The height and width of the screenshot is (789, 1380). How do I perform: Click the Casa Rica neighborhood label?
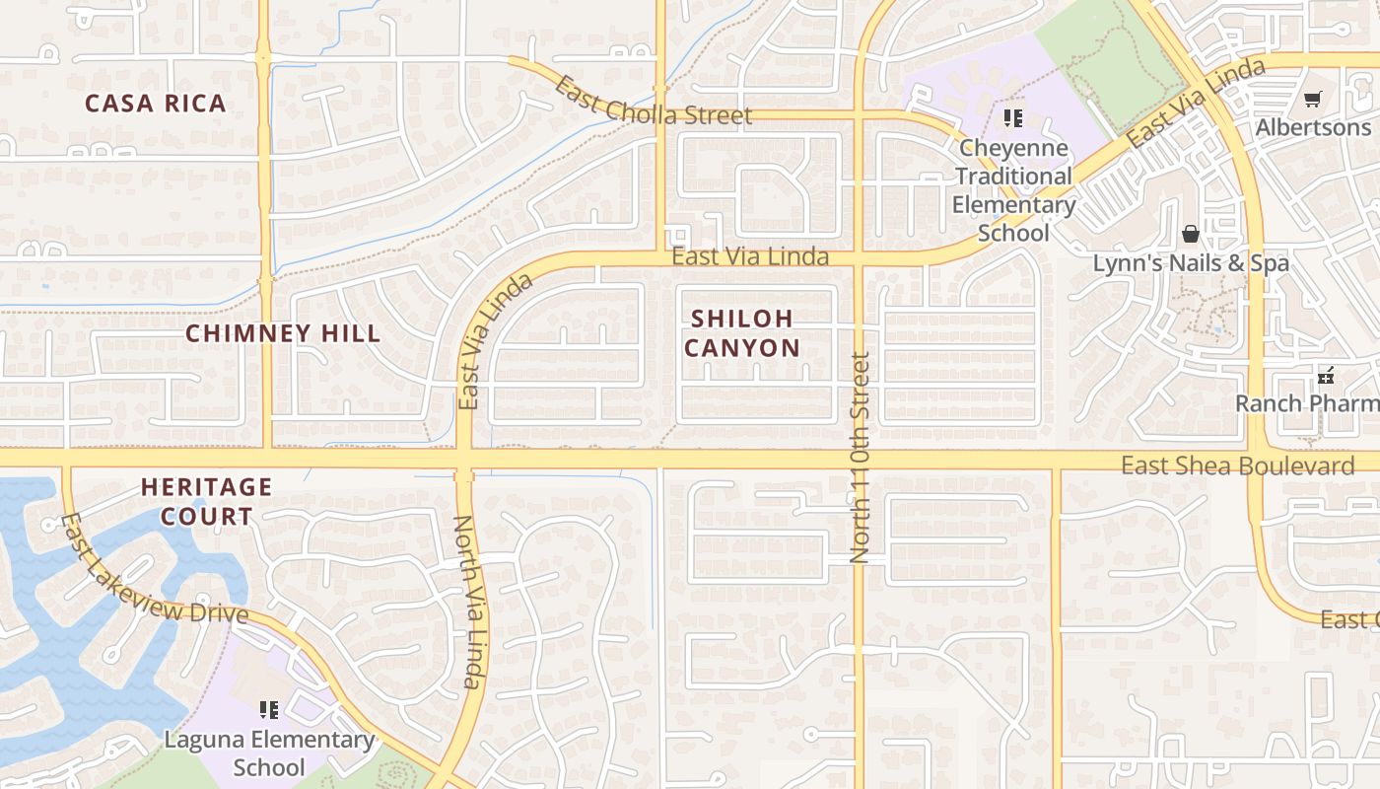tap(156, 104)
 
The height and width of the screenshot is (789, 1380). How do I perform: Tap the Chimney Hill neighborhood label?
tap(283, 333)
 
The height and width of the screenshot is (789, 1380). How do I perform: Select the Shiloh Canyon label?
tap(742, 333)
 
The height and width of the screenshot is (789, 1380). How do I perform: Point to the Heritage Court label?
tap(206, 501)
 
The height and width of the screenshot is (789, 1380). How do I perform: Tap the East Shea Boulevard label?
tap(1237, 466)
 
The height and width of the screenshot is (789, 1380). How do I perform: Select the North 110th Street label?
tap(860, 459)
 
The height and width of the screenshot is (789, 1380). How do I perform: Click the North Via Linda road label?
tap(469, 602)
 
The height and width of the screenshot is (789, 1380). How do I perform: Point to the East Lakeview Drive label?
tap(154, 571)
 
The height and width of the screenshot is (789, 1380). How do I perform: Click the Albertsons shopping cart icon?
tap(1312, 100)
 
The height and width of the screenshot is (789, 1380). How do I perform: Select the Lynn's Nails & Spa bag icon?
tap(1191, 234)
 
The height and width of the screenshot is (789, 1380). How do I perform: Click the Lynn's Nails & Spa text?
tap(1191, 263)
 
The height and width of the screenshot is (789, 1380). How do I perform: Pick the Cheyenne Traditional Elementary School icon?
tap(1013, 119)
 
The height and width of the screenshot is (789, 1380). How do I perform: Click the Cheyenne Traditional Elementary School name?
tap(1013, 190)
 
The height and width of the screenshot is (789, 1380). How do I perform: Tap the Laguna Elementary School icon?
tap(269, 709)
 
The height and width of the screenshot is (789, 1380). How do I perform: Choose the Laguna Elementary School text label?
tap(269, 753)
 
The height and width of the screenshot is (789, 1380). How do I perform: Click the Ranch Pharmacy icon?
tap(1326, 376)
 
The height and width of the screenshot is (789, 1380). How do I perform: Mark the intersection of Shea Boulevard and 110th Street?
tap(859, 461)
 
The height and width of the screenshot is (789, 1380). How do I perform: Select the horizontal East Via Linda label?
tap(750, 256)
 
